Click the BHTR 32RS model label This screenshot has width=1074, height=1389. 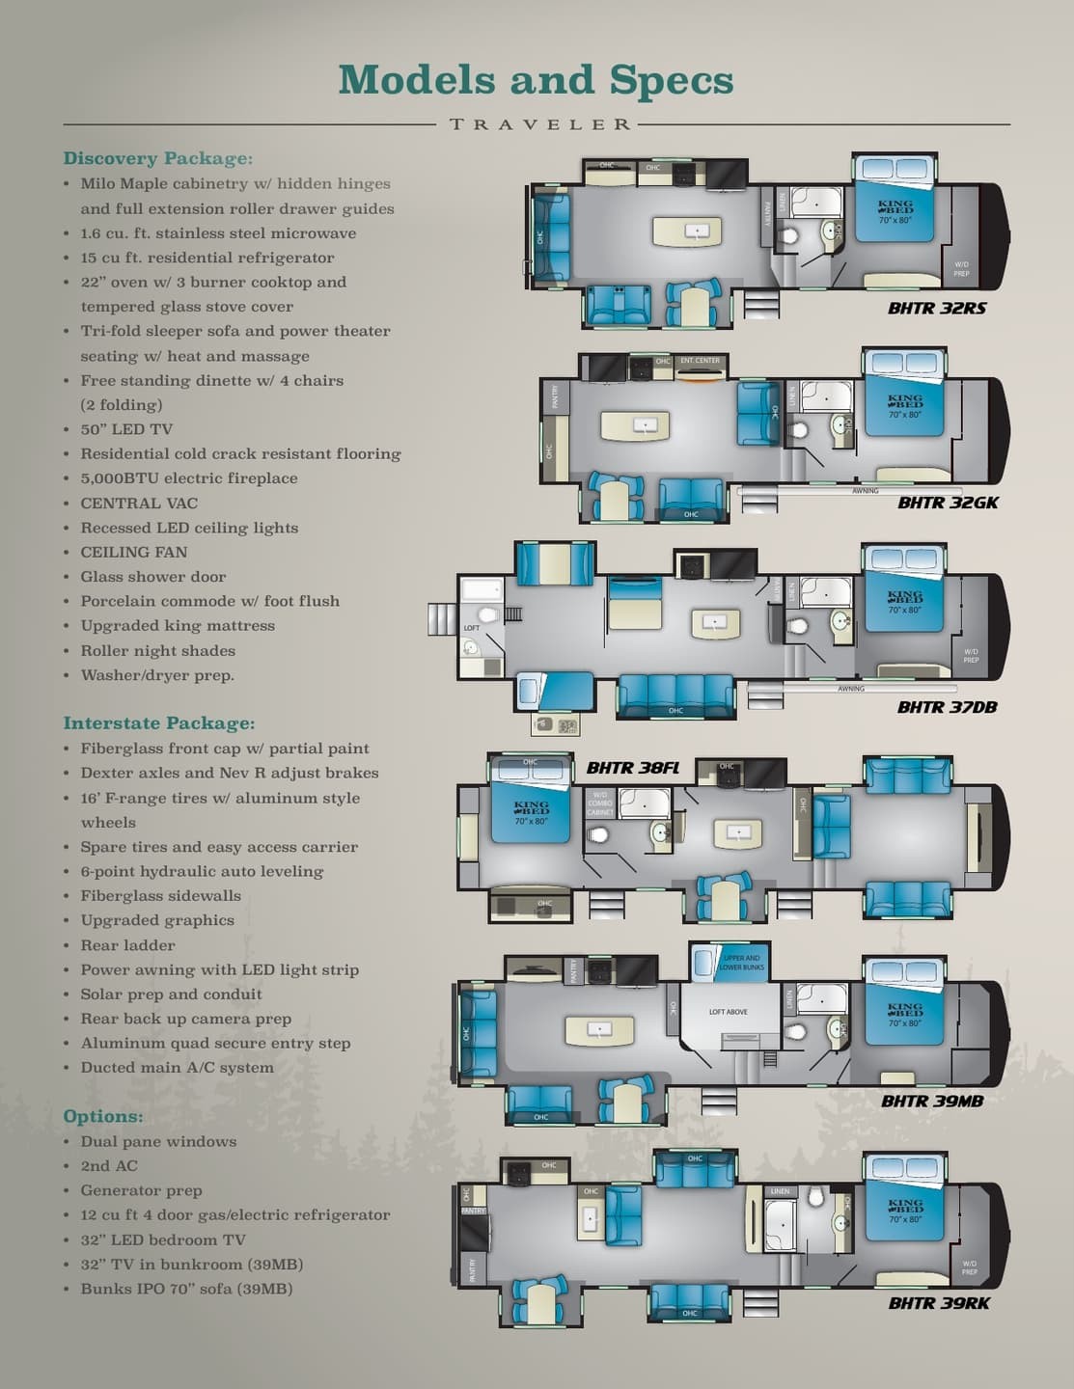click(936, 309)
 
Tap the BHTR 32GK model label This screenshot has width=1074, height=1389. click(948, 503)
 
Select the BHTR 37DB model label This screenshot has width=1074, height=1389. click(947, 707)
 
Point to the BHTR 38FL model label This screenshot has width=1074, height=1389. click(633, 768)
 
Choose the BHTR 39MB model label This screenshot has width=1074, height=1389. click(931, 1101)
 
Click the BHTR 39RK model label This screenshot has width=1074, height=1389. click(938, 1303)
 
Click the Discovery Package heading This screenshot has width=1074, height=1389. click(158, 158)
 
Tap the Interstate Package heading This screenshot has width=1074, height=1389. click(159, 723)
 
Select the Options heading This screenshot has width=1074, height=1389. click(103, 1116)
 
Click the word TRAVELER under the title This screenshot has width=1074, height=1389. click(540, 124)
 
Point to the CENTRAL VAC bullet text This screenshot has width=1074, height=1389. click(139, 503)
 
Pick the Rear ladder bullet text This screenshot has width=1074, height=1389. click(127, 945)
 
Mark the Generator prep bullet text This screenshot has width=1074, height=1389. click(141, 1190)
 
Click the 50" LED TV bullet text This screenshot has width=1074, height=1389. click(126, 429)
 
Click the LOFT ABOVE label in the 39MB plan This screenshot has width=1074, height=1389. click(729, 1012)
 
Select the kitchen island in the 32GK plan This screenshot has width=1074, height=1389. click(636, 425)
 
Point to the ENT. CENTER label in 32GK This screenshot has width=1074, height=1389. click(701, 361)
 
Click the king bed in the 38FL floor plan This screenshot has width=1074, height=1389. click(531, 808)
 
